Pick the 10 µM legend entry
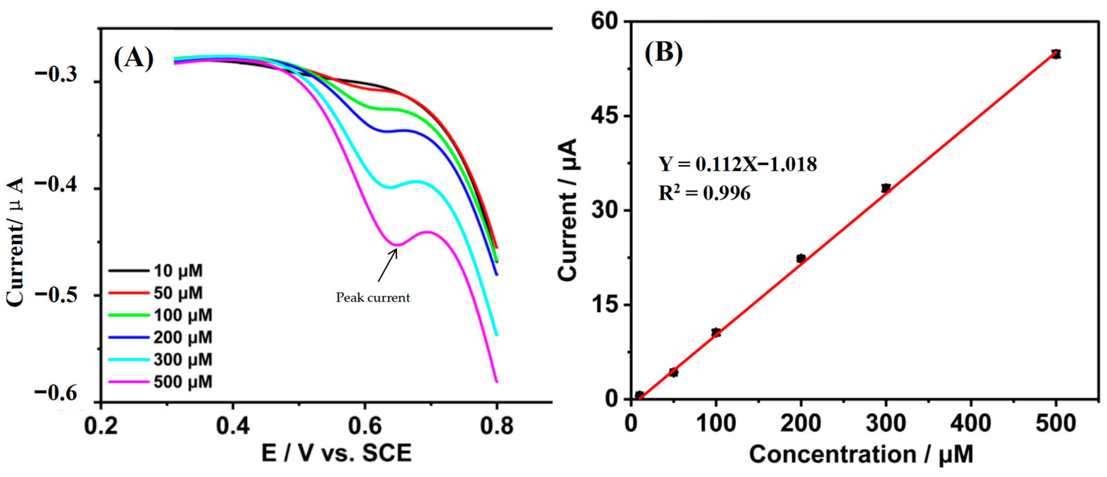(x=156, y=270)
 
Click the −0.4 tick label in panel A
(x=56, y=184)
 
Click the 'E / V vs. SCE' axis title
(x=337, y=453)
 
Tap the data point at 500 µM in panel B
(x=1056, y=54)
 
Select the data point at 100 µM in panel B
(x=716, y=332)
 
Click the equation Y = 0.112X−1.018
(x=738, y=164)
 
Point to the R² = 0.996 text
(x=705, y=193)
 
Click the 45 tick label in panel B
(x=605, y=116)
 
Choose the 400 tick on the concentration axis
(x=971, y=424)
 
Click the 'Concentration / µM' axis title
(x=861, y=455)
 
